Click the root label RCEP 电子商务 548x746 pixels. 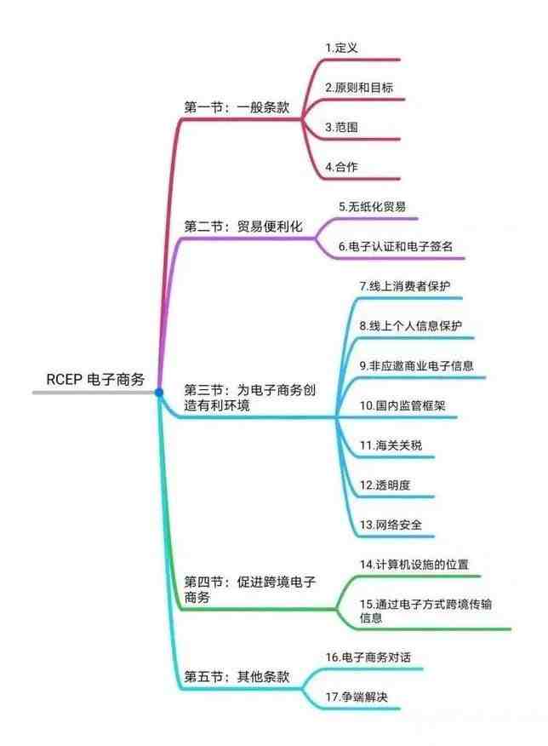tap(95, 379)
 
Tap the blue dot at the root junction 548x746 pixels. tap(159, 393)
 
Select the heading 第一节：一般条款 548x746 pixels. tap(237, 106)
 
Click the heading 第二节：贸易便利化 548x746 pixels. tap(243, 226)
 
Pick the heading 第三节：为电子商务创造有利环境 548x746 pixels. tap(249, 398)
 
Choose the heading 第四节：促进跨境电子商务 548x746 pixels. tap(249, 589)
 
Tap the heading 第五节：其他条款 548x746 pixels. tap(237, 676)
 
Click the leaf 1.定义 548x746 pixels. tap(341, 48)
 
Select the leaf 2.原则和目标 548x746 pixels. tap(359, 88)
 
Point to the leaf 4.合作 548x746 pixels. tap(341, 167)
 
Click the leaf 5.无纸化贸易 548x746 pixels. tap(372, 206)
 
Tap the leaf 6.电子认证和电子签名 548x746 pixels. tap(396, 246)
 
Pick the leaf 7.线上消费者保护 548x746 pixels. tap(404, 286)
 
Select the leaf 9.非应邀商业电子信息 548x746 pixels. tap(416, 365)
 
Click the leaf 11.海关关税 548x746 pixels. tap(391, 445)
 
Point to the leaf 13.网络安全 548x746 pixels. tap(391, 525)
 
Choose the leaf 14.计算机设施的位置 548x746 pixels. tap(414, 565)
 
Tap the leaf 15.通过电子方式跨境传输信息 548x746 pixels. tap(425, 611)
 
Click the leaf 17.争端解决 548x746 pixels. tap(357, 697)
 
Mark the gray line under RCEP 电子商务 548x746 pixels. tap(94, 393)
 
